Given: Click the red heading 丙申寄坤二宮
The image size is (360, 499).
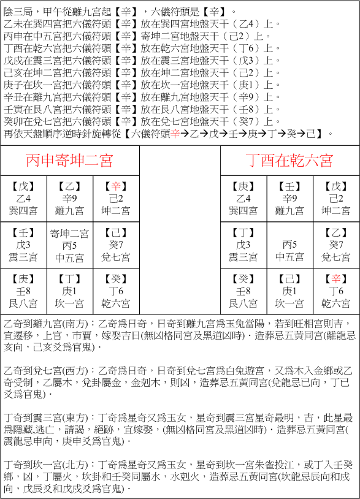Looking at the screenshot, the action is (x=69, y=161).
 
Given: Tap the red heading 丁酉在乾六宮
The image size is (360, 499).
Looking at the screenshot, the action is (x=289, y=161).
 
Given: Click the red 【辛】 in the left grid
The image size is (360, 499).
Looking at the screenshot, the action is (x=116, y=186).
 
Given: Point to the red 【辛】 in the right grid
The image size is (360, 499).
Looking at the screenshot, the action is (x=336, y=279).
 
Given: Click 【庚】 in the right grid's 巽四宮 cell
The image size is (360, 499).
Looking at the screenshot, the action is (x=243, y=186).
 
